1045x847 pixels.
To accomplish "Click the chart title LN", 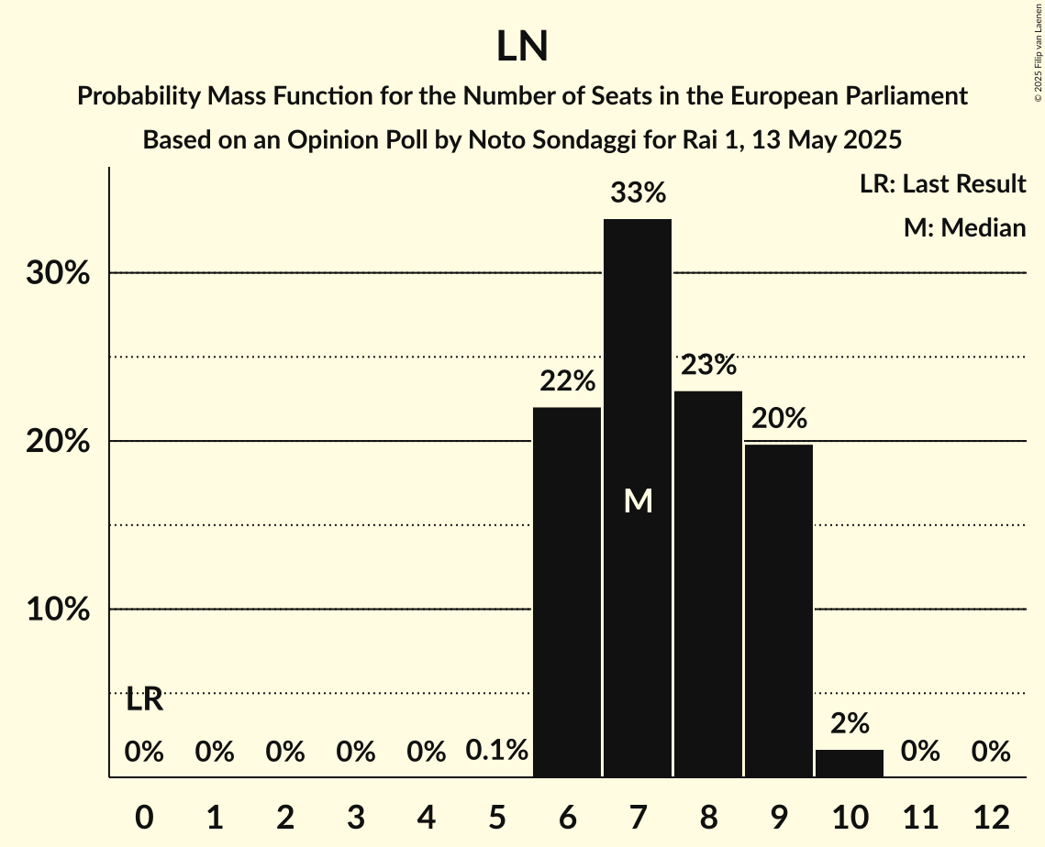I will click(522, 47).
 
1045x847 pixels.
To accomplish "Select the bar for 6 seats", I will click(567, 592).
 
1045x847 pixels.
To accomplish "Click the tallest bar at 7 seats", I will click(638, 498).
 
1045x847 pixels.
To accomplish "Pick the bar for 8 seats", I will click(708, 584).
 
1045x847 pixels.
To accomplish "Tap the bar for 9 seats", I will click(779, 610).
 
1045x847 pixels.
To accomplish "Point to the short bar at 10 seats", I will click(850, 764).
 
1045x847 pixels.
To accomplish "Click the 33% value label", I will click(638, 193).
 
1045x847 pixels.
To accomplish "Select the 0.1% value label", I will click(496, 752).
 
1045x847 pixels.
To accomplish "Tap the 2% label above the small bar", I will click(850, 723).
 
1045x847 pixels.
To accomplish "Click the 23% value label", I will click(708, 365).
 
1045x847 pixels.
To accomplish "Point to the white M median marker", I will click(638, 500).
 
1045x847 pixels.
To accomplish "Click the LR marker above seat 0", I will click(144, 699).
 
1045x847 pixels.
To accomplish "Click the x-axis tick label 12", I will click(991, 817).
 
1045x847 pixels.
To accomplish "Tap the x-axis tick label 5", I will click(496, 817).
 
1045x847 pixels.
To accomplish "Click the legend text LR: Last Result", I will click(942, 184).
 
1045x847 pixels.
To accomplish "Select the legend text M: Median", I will click(964, 227).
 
